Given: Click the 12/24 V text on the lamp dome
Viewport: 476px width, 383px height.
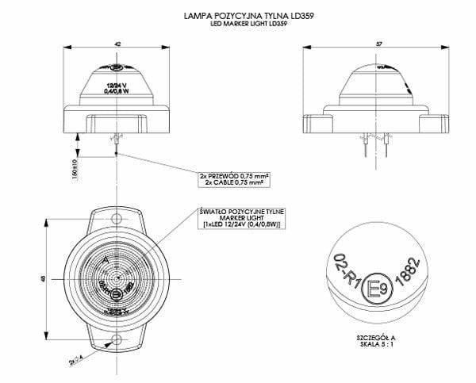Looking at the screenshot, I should point(117,83).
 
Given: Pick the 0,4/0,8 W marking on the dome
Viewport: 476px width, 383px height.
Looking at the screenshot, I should point(117,91).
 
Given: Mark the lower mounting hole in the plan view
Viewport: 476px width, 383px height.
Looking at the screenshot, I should point(117,340).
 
